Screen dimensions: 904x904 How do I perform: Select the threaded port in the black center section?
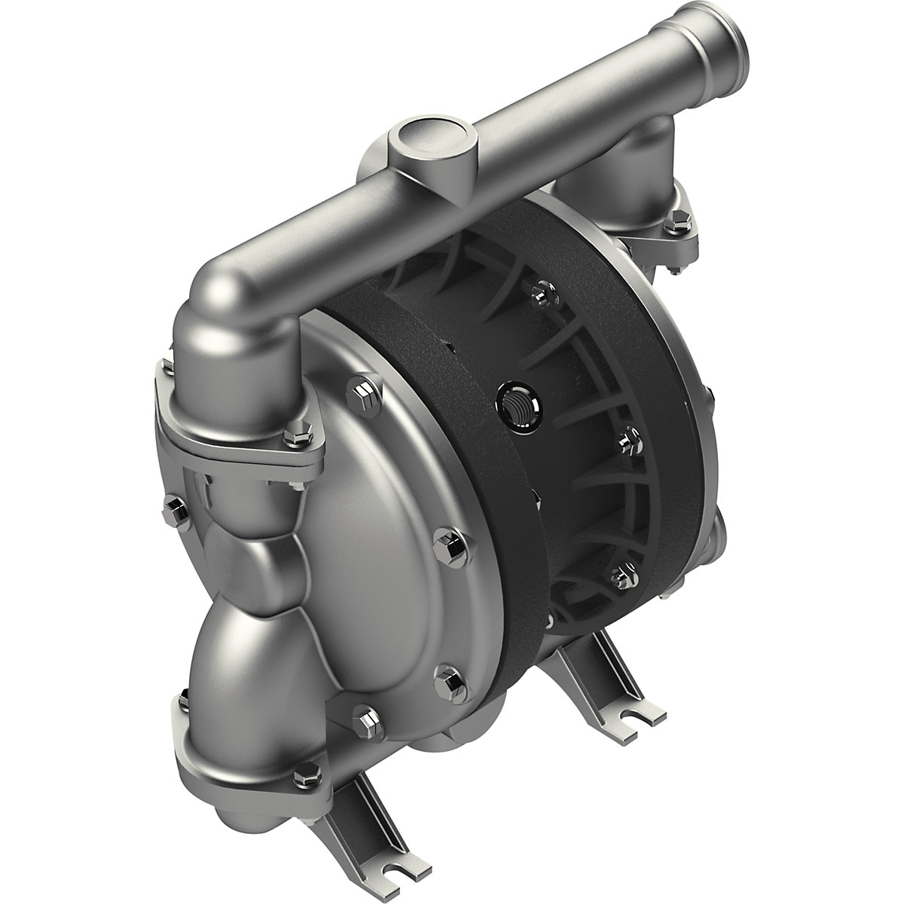pos(514,408)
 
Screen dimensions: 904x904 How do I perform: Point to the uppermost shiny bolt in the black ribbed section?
pos(537,296)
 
